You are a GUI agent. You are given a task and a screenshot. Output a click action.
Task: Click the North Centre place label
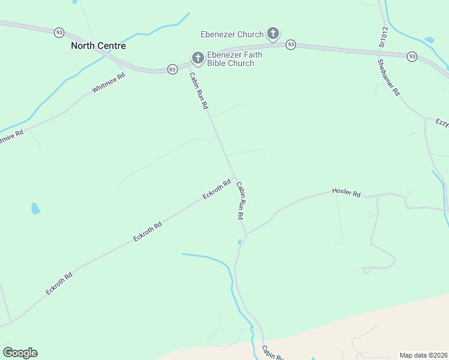[98, 46]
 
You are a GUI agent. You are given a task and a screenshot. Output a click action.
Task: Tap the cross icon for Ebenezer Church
[273, 34]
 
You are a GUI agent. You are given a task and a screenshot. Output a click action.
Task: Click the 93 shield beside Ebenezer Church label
[291, 44]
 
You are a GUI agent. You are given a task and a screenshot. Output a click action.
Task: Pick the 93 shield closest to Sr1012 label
[412, 56]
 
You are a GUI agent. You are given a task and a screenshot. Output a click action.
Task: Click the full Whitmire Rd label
[109, 83]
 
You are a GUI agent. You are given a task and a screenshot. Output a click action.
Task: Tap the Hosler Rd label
[346, 193]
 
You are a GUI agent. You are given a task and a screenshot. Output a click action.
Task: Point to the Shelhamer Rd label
[388, 77]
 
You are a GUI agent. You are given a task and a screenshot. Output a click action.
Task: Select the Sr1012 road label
[382, 37]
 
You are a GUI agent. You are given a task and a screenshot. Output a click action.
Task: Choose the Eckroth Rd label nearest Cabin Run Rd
[217, 190]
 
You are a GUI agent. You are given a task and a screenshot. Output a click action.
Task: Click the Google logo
[20, 353]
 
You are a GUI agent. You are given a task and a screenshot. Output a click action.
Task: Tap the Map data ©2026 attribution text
[423, 355]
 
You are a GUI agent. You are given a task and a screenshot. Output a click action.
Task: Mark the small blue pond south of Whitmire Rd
[35, 209]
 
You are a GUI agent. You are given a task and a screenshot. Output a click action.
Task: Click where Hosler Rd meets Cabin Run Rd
[246, 235]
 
